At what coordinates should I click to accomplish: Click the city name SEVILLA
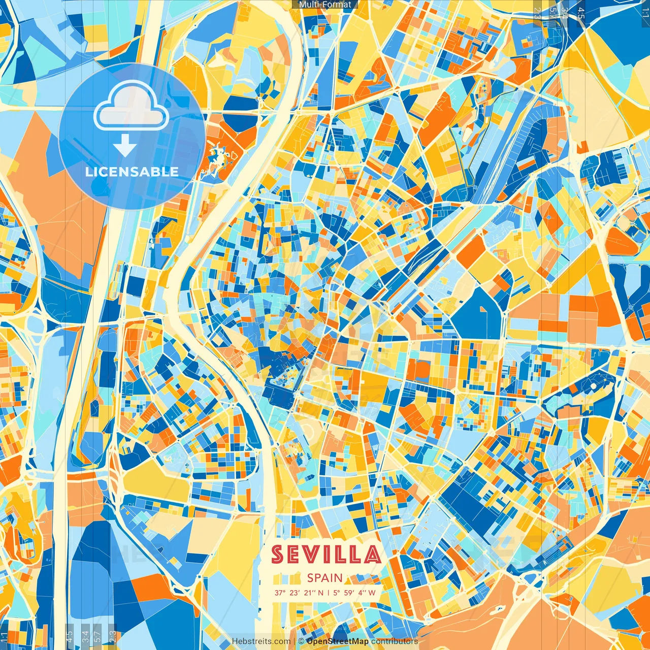326,555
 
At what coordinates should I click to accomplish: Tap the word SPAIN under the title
325,578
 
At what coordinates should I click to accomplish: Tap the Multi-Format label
325,5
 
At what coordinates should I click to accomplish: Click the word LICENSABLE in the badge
132,172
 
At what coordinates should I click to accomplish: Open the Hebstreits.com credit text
262,641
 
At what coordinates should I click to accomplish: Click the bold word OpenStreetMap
338,641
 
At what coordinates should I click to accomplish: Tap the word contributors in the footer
395,641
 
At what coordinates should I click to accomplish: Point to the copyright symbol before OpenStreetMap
301,641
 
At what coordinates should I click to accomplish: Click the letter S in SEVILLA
278,555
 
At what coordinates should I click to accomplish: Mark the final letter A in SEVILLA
372,555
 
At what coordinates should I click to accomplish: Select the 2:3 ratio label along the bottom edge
112,636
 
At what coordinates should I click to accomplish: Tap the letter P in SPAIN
318,578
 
